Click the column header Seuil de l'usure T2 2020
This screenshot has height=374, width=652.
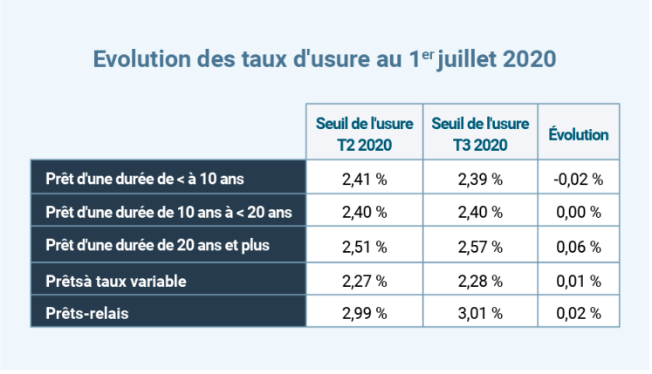click(x=364, y=133)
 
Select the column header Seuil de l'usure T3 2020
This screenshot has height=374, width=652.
click(x=480, y=133)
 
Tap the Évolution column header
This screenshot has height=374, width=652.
click(x=579, y=135)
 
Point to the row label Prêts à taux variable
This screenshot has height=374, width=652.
click(x=116, y=281)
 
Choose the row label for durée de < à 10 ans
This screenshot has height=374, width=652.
click(x=144, y=179)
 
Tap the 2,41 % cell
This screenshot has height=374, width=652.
click(x=364, y=180)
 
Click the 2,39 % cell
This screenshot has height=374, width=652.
click(x=480, y=180)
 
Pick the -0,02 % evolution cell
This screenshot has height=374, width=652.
click(x=578, y=180)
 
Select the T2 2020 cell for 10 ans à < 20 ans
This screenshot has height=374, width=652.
click(x=364, y=213)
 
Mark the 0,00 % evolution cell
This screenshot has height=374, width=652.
click(x=578, y=213)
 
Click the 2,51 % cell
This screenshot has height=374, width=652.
click(x=364, y=247)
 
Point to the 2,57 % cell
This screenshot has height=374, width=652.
click(x=480, y=247)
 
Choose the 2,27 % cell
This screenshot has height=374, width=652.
click(x=364, y=281)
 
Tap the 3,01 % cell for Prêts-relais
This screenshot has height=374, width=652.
click(x=480, y=313)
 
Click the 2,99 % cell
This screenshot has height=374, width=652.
click(x=364, y=313)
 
